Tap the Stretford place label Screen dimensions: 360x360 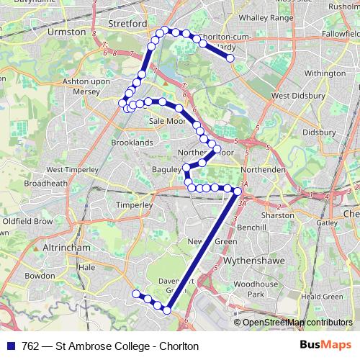(127, 23)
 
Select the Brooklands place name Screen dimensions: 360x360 (132, 143)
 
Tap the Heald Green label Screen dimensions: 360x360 (321, 296)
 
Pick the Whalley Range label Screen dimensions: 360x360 (263, 17)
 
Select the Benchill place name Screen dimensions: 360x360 (251, 227)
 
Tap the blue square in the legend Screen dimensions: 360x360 (12, 346)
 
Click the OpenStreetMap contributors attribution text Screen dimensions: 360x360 (296, 323)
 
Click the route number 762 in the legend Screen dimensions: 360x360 (30, 346)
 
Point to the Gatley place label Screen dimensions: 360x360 (327, 222)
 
